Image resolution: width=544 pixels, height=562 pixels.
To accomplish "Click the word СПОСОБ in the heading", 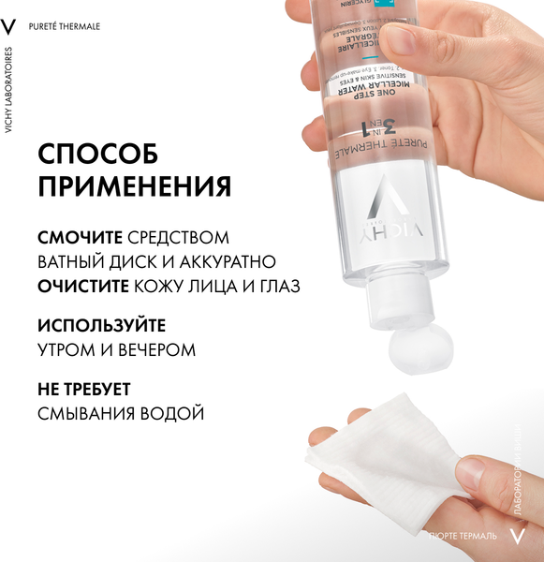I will [98, 154].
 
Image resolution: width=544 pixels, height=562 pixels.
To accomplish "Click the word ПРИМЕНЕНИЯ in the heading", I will [135, 186].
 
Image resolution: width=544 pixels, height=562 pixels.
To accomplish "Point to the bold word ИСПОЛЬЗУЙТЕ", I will [102, 326].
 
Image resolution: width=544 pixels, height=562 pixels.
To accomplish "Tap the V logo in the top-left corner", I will [10, 24].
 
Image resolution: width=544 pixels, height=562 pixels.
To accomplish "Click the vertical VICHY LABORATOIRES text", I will [9, 90].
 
